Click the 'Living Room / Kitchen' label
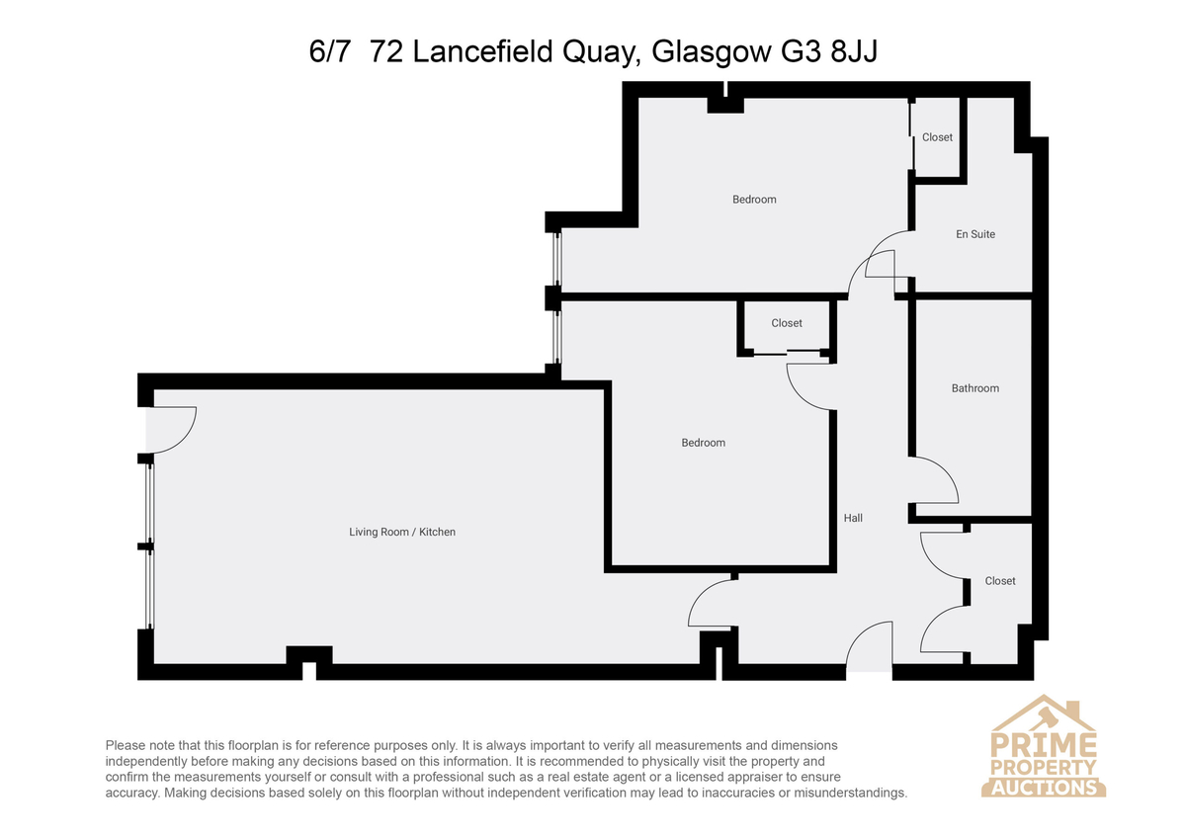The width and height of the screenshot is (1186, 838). [402, 532]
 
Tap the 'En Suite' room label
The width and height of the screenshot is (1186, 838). [975, 234]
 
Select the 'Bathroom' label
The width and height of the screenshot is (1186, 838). [975, 388]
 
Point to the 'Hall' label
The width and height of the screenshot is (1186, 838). [853, 518]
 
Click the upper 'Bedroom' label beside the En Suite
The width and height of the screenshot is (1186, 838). [754, 200]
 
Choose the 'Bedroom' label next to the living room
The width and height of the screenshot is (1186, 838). [703, 443]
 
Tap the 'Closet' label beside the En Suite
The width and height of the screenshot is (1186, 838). [937, 137]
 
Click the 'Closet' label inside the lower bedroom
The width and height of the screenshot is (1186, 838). [787, 323]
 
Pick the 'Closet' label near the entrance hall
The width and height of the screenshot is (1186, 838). [999, 581]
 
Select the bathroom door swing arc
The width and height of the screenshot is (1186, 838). [945, 472]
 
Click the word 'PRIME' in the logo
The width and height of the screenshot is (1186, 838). [1043, 745]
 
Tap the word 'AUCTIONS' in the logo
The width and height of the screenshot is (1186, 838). [1044, 788]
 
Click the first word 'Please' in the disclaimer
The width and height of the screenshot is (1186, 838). [125, 745]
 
